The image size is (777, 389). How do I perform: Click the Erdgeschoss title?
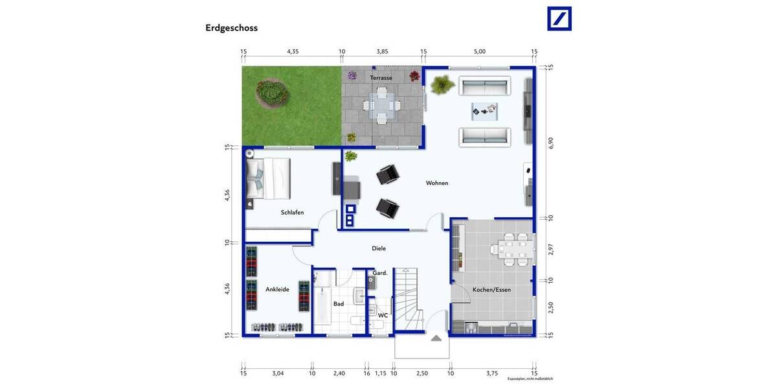(x=231, y=28)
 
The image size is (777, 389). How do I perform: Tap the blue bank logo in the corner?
(x=559, y=18)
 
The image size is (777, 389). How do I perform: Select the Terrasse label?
(x=381, y=78)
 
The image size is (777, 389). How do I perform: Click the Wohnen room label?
(x=436, y=183)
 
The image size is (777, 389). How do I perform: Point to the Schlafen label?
(x=292, y=212)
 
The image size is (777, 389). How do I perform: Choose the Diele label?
(x=379, y=248)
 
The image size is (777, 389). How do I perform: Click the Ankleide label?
(x=277, y=289)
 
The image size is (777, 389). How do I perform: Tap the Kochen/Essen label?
(x=491, y=290)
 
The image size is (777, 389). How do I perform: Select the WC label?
(x=383, y=315)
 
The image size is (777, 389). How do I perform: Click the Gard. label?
(x=380, y=273)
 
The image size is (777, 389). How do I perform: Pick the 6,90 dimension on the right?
(x=551, y=143)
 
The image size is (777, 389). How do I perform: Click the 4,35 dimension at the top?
(x=293, y=51)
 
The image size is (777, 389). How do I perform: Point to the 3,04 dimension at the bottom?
(x=277, y=373)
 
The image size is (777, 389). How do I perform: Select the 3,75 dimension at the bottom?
(x=492, y=373)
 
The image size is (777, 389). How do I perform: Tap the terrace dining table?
(x=381, y=104)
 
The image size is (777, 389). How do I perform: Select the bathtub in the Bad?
(x=322, y=303)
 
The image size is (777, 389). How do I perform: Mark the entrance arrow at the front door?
(x=436, y=337)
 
